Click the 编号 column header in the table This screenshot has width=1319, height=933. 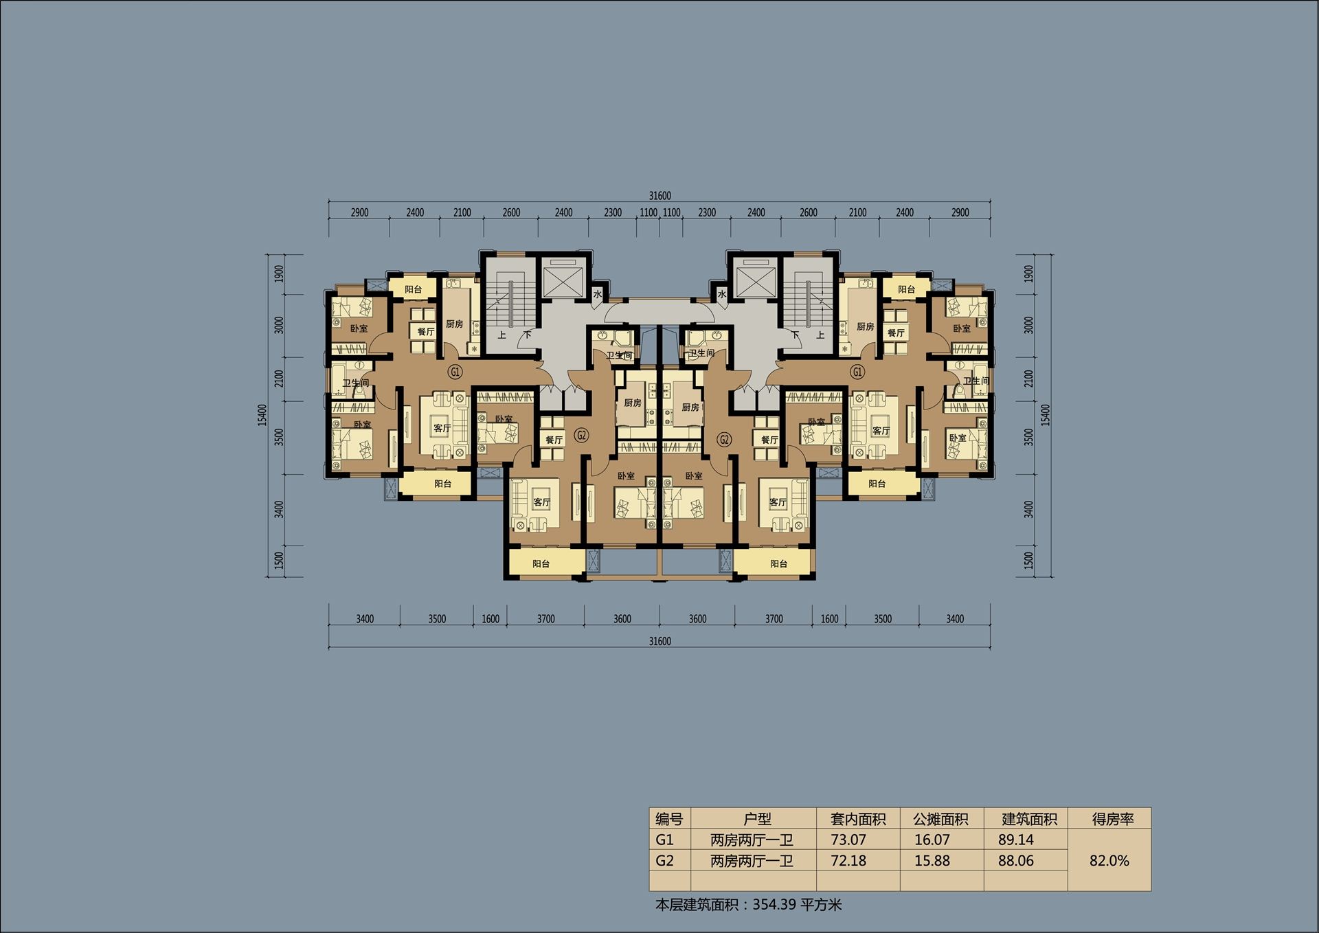[669, 819]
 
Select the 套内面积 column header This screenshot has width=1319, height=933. [858, 819]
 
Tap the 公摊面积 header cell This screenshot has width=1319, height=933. [940, 819]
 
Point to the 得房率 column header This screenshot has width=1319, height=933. [1113, 819]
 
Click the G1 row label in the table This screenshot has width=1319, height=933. [664, 840]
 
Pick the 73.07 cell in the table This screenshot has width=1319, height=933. [848, 840]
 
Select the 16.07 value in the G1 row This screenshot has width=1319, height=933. [932, 840]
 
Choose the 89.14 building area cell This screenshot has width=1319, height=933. [1016, 840]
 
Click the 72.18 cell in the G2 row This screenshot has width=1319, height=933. [848, 861]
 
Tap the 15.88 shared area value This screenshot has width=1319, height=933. [932, 861]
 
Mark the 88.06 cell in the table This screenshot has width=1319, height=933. [1016, 861]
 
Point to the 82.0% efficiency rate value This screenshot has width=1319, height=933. [1109, 861]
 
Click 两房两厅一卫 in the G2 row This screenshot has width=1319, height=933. [752, 861]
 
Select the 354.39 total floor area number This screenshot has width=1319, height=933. [774, 904]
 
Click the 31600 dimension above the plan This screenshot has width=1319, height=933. [659, 196]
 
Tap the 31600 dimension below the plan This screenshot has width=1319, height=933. [659, 641]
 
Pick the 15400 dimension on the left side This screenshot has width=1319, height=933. [262, 415]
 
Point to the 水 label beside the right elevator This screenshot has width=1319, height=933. [721, 295]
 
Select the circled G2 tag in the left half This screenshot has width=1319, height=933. [581, 435]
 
